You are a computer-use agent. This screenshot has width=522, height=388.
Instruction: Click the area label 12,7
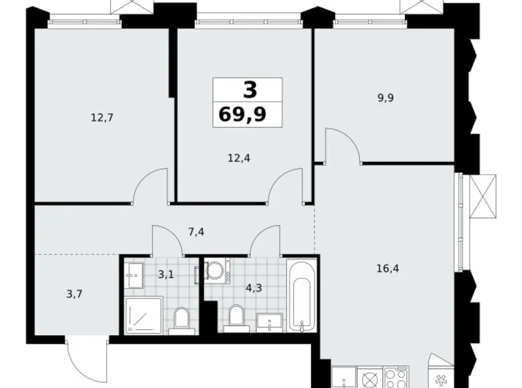[102, 117]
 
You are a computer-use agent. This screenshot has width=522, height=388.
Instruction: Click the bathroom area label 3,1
[165, 274]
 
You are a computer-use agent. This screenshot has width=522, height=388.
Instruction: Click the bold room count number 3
[248, 88]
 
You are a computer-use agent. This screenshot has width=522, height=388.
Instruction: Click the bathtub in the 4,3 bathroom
[299, 297]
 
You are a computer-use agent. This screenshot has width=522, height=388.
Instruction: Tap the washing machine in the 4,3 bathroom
[216, 270]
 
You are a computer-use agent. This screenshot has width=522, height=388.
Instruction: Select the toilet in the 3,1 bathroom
[182, 320]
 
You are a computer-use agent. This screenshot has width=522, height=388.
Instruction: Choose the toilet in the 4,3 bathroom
[236, 317]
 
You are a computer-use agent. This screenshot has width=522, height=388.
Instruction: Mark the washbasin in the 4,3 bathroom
[270, 324]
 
